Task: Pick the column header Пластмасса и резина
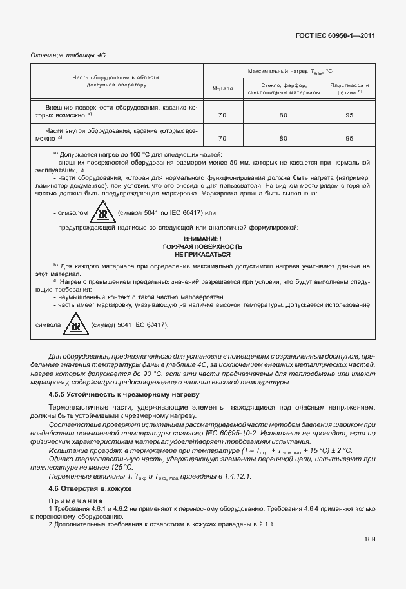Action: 349,88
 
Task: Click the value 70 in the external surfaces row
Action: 222,115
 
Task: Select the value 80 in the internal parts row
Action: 284,138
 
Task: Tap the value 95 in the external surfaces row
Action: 349,115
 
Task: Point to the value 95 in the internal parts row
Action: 349,138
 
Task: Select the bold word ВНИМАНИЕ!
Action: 202,239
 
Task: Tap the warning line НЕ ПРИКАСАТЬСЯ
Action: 202,255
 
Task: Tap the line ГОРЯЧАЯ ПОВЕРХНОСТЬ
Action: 202,247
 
